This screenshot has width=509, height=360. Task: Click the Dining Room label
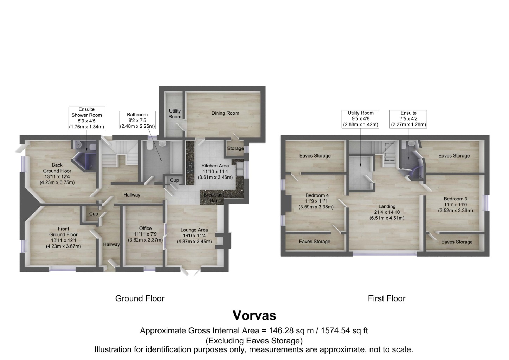225,113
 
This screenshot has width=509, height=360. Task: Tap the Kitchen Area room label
215,171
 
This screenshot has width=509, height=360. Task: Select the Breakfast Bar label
213,198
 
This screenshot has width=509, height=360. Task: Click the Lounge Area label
194,236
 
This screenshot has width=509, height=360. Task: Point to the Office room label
145,234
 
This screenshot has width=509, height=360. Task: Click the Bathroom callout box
137,120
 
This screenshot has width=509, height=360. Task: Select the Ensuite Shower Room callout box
86,118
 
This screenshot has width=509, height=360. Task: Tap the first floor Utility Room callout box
360,119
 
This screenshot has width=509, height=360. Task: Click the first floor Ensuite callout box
408,119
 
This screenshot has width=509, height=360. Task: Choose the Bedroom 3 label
455,205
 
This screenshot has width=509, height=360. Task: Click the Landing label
387,212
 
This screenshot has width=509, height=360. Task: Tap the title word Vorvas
254,315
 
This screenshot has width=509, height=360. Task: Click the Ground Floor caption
140,298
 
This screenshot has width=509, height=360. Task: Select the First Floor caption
386,298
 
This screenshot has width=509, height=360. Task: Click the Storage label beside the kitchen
235,148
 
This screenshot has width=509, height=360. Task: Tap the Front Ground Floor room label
63,237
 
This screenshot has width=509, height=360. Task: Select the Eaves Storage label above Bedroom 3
454,155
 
